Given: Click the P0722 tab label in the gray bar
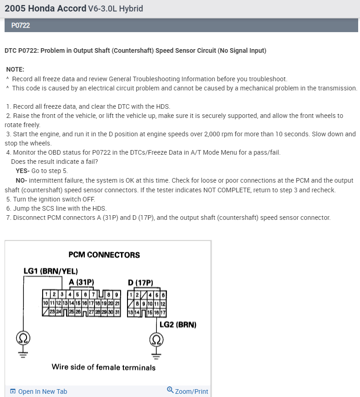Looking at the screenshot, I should [x=20, y=25].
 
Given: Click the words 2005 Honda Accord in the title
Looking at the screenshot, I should [x=45, y=8].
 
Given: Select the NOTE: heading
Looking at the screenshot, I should [x=15, y=69].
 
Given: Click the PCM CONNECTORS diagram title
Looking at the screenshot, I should [x=104, y=255].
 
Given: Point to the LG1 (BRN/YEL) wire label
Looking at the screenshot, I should [x=50, y=271].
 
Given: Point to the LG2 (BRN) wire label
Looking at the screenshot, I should [x=178, y=324].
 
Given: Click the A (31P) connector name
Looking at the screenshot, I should [x=81, y=282].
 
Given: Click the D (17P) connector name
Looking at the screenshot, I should [x=140, y=283].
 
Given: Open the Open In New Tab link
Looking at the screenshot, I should [x=39, y=391].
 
